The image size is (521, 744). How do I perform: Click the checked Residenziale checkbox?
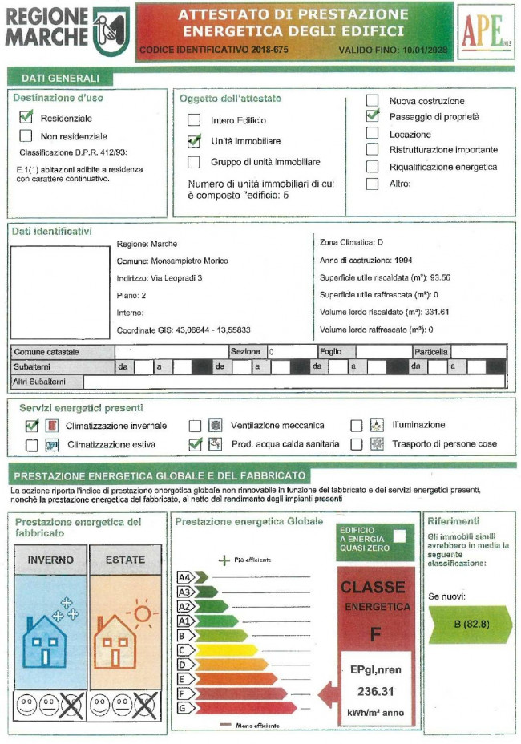26,117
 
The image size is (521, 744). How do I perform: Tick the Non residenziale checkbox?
26,136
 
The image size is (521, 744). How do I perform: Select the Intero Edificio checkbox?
194,120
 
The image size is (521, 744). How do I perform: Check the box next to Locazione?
373,133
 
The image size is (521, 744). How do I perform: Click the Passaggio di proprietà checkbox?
373,115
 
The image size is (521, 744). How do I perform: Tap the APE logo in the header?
486,31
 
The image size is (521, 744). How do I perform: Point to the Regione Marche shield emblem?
111,31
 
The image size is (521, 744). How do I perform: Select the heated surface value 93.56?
440,277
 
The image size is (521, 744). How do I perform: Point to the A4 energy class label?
184,577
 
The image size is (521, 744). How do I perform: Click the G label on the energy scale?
182,709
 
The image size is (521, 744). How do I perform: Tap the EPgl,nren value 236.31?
375,692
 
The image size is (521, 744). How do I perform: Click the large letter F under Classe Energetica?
375,634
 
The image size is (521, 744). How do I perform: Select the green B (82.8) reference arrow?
471,625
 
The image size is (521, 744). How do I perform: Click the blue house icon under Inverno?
45,641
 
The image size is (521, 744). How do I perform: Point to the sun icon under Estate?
142,613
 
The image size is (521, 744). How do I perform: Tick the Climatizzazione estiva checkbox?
32,445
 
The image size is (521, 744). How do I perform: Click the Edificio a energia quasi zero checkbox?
399,536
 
